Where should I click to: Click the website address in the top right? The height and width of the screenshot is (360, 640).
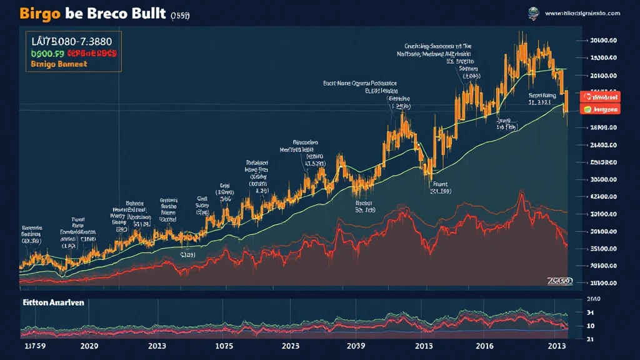582,12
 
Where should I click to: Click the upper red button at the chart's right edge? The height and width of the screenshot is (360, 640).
601,97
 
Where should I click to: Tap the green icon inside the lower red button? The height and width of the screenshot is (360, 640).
587,109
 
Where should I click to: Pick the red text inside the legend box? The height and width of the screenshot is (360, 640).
92,54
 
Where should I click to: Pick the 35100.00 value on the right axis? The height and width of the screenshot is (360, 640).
603,248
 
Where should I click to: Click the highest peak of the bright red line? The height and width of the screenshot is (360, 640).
521,194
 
